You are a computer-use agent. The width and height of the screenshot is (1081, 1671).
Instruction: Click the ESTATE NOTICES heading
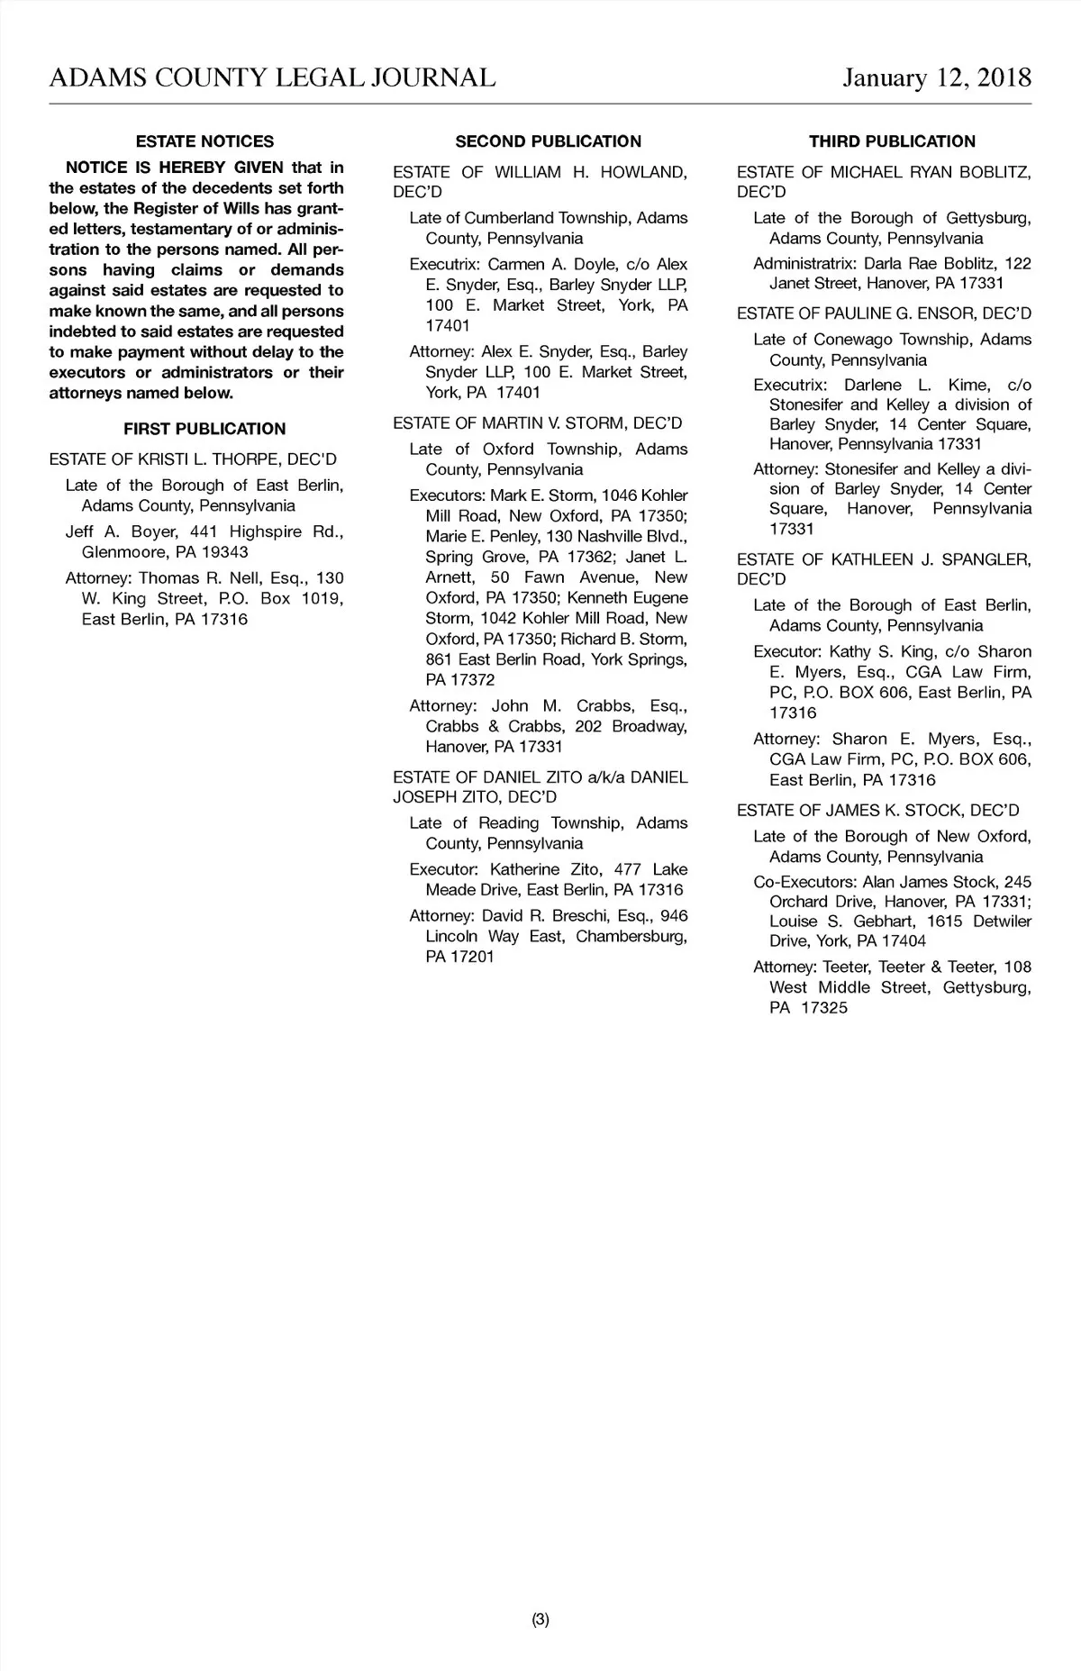pyautogui.click(x=204, y=141)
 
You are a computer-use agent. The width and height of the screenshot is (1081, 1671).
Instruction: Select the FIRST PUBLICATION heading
pyautogui.click(x=204, y=429)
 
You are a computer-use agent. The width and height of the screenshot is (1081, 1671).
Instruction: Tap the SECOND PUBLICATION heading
pyautogui.click(x=548, y=141)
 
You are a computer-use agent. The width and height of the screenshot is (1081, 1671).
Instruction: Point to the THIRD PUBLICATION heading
pyautogui.click(x=892, y=141)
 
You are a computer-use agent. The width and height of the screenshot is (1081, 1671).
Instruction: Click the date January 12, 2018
pyautogui.click(x=937, y=77)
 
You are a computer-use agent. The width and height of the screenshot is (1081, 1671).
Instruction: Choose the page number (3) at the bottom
pyautogui.click(x=540, y=1620)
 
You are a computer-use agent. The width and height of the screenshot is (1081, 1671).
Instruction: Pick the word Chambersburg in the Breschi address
pyautogui.click(x=631, y=936)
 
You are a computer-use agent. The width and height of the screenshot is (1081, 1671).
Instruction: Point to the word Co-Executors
pyautogui.click(x=804, y=882)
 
